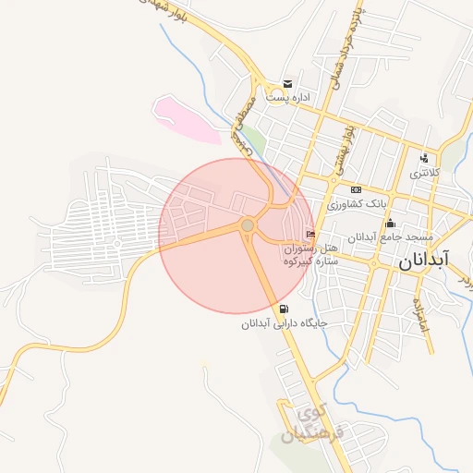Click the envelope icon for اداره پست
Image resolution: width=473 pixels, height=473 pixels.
288,84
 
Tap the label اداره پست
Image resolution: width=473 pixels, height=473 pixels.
288,96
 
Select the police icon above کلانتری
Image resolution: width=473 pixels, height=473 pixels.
424,158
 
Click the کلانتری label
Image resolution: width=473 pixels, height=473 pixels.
426,172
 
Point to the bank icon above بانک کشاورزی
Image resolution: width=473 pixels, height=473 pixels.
356,189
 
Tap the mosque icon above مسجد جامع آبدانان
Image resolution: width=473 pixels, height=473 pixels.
390,223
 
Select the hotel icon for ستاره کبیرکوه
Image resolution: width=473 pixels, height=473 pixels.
309,235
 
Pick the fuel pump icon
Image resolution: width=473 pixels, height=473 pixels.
282,309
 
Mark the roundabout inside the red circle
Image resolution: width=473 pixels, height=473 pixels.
248,225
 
